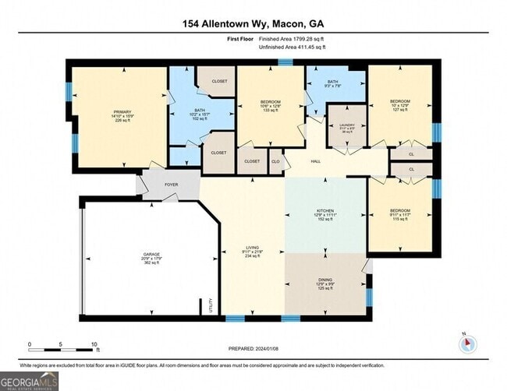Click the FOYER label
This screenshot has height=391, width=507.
click(171, 185)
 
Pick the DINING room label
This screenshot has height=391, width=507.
click(325, 284)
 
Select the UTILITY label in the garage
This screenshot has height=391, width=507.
click(211, 305)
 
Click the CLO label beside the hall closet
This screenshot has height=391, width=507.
click(275, 161)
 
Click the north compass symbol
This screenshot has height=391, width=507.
click(466, 343)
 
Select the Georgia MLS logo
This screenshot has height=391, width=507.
click(29, 381)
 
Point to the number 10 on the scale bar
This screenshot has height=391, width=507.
click(94, 344)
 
